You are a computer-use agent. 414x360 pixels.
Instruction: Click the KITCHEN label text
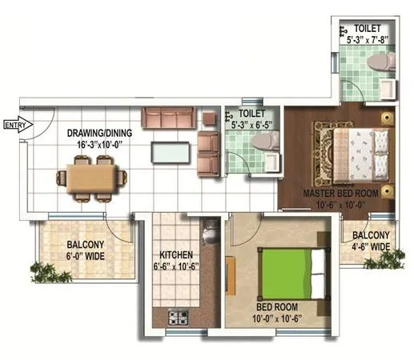coord(175,255)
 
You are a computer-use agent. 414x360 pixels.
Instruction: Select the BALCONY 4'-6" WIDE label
coord(369,241)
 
